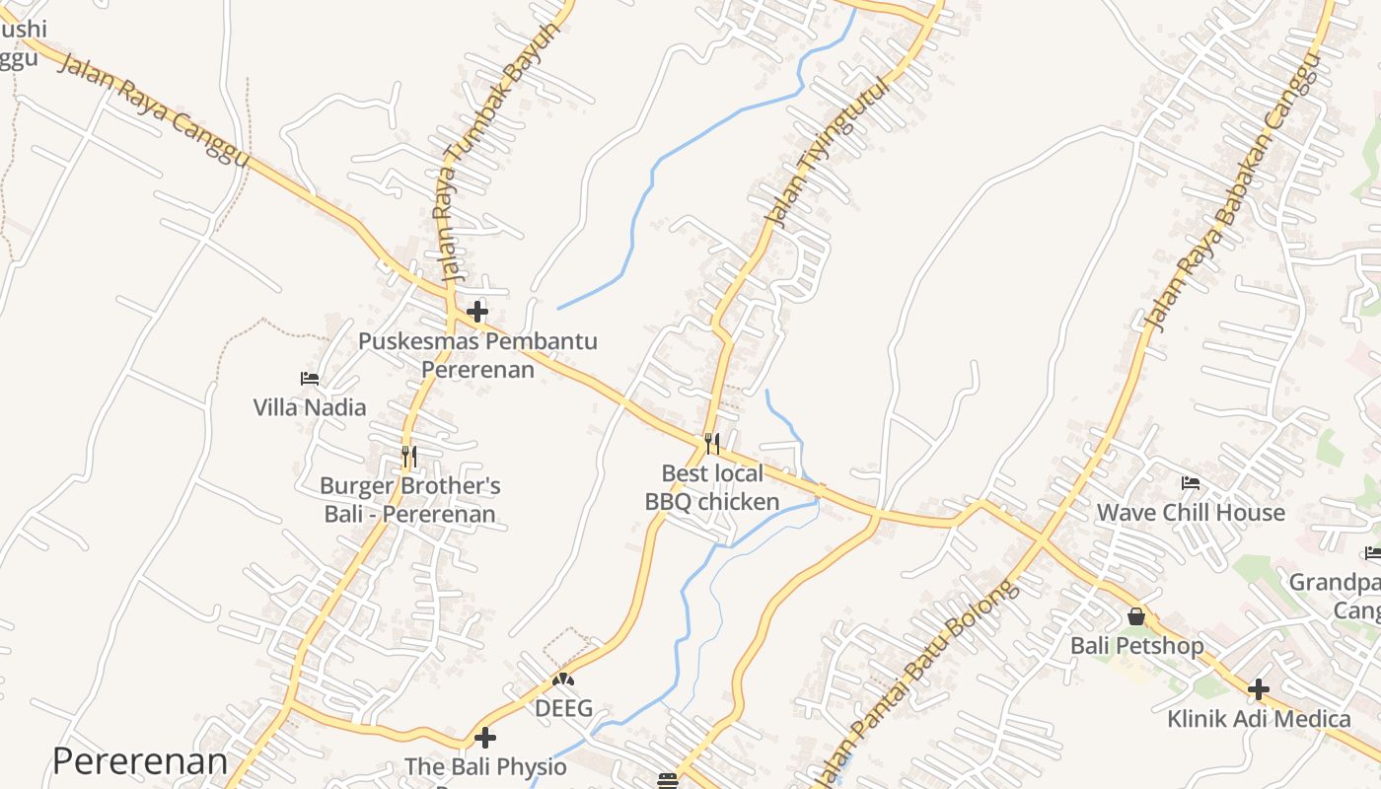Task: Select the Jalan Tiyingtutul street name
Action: point(826,154)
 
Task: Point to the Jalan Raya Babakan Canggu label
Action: point(1229,193)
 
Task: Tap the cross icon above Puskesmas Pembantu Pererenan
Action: point(477,312)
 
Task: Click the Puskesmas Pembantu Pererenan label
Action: point(477,355)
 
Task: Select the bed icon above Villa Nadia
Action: point(310,378)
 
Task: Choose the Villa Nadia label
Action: point(310,407)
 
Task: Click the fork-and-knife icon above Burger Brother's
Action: point(409,456)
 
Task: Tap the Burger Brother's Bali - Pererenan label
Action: point(410,500)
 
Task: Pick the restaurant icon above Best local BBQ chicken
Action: point(712,443)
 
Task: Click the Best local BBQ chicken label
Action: point(712,487)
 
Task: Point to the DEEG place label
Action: point(563,708)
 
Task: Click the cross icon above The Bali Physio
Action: point(485,737)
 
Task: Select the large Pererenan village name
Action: point(140,761)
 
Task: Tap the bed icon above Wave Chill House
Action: point(1191,483)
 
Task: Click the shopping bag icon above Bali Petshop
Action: point(1136,616)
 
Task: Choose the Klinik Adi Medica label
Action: point(1259,718)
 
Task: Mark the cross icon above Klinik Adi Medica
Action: point(1258,688)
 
